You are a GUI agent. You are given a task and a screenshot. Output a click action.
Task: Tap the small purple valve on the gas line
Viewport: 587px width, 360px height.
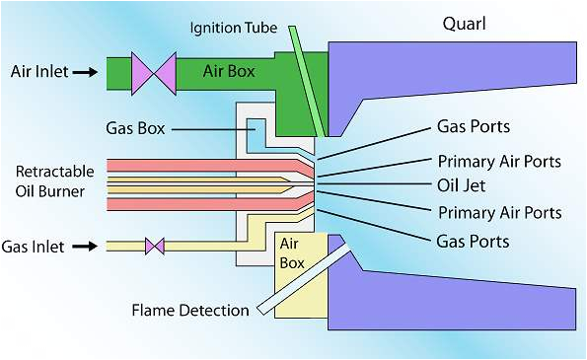coord(155,246)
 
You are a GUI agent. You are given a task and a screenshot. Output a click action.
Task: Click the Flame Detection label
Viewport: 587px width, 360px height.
coord(190,311)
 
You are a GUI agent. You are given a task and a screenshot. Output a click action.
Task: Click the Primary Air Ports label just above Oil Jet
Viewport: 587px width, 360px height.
coord(499,161)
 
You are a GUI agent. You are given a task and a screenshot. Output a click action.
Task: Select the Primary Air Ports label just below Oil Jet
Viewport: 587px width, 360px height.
coord(499,213)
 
